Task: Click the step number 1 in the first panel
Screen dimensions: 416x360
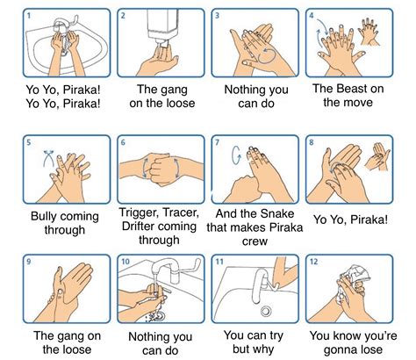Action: (29, 15)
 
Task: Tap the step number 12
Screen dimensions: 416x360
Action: (313, 261)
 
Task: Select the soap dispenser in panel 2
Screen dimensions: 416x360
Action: (160, 27)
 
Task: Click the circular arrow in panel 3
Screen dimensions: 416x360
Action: (268, 55)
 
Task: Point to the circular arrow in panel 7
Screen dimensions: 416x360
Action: (236, 155)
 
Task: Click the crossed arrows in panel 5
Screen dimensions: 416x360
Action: (48, 158)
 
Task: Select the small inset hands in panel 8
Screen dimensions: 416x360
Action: (377, 156)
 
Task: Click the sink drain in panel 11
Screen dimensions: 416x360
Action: (266, 311)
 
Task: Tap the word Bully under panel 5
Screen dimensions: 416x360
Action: (43, 217)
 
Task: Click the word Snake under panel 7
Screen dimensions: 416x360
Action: (278, 214)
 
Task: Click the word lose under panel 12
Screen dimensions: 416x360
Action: (371, 349)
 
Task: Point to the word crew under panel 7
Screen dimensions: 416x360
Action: (255, 241)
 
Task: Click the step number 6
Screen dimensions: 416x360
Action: (123, 142)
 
